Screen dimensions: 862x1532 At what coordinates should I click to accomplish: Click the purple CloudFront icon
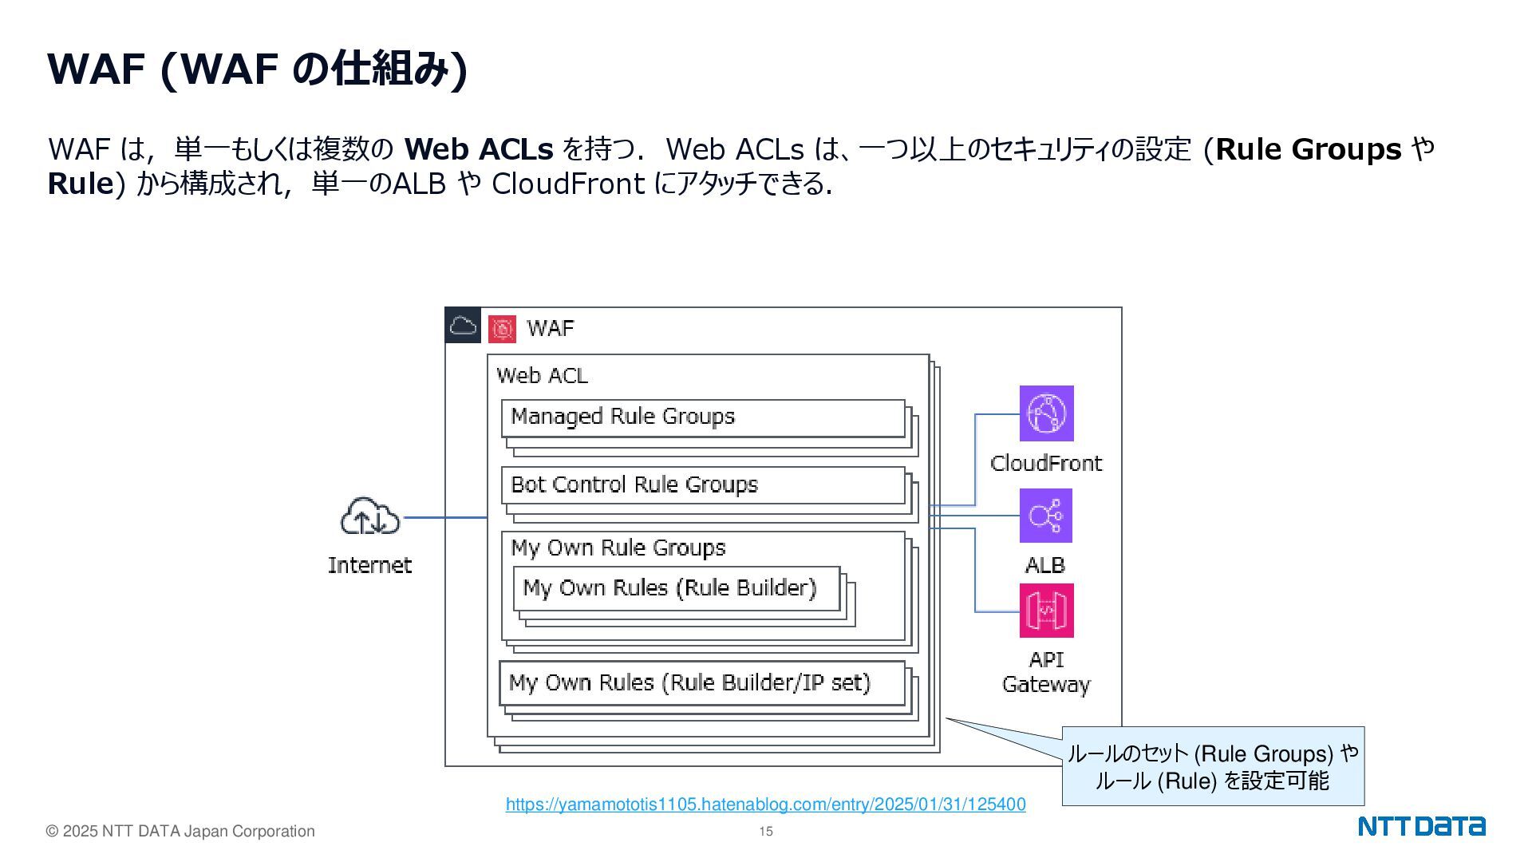click(x=1046, y=413)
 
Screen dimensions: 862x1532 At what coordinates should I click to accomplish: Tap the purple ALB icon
click(x=1045, y=516)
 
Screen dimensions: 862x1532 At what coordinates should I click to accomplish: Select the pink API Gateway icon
click(x=1046, y=611)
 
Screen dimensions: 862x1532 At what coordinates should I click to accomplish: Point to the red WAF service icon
click(x=502, y=328)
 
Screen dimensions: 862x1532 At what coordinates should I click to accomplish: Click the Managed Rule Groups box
click(x=703, y=417)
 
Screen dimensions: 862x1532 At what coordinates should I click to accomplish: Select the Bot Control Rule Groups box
click(x=703, y=485)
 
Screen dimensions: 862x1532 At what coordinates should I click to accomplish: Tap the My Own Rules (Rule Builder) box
click(x=676, y=588)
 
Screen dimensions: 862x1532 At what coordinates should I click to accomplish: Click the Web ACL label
click(x=542, y=376)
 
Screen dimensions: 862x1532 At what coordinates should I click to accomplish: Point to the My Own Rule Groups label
click(x=618, y=548)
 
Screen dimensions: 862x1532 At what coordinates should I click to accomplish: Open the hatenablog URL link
click(x=765, y=805)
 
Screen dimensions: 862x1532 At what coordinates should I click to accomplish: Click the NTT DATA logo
click(x=1421, y=826)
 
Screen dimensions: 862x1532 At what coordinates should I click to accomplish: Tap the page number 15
click(x=765, y=832)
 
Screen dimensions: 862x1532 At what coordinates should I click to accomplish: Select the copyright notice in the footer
click(x=180, y=832)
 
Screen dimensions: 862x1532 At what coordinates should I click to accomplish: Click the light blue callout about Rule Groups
click(x=1212, y=766)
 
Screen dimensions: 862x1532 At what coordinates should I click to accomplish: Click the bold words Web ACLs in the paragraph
click(x=479, y=149)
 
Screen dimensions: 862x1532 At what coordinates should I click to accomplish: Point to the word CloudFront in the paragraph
click(x=567, y=184)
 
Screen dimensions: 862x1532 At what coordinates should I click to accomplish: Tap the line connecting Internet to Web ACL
click(x=445, y=517)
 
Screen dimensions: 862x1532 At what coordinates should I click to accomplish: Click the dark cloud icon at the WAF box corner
click(x=463, y=326)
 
